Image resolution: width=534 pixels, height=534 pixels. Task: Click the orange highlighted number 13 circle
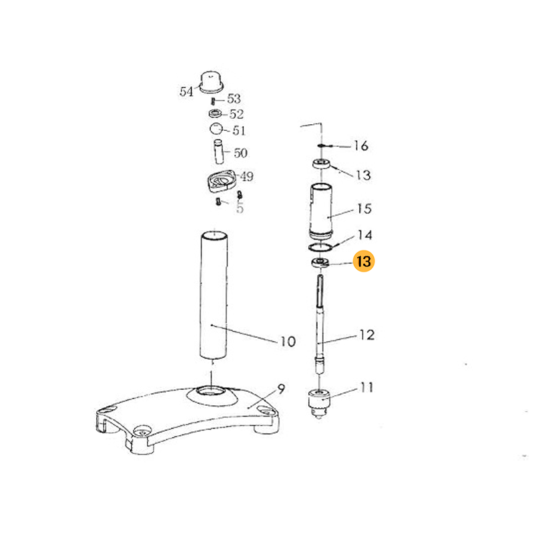364,261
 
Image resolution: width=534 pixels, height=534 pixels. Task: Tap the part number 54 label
186,91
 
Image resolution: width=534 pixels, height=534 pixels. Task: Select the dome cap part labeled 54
211,81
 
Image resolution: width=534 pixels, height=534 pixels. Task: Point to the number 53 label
234,99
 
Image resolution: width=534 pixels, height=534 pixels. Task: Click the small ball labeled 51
216,129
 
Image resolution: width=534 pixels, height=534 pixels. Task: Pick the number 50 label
240,153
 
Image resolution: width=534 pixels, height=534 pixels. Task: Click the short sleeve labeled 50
218,152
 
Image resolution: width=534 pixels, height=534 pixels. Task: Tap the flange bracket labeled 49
221,181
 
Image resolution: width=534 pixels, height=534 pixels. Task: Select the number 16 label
361,146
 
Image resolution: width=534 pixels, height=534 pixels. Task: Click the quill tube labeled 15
320,211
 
